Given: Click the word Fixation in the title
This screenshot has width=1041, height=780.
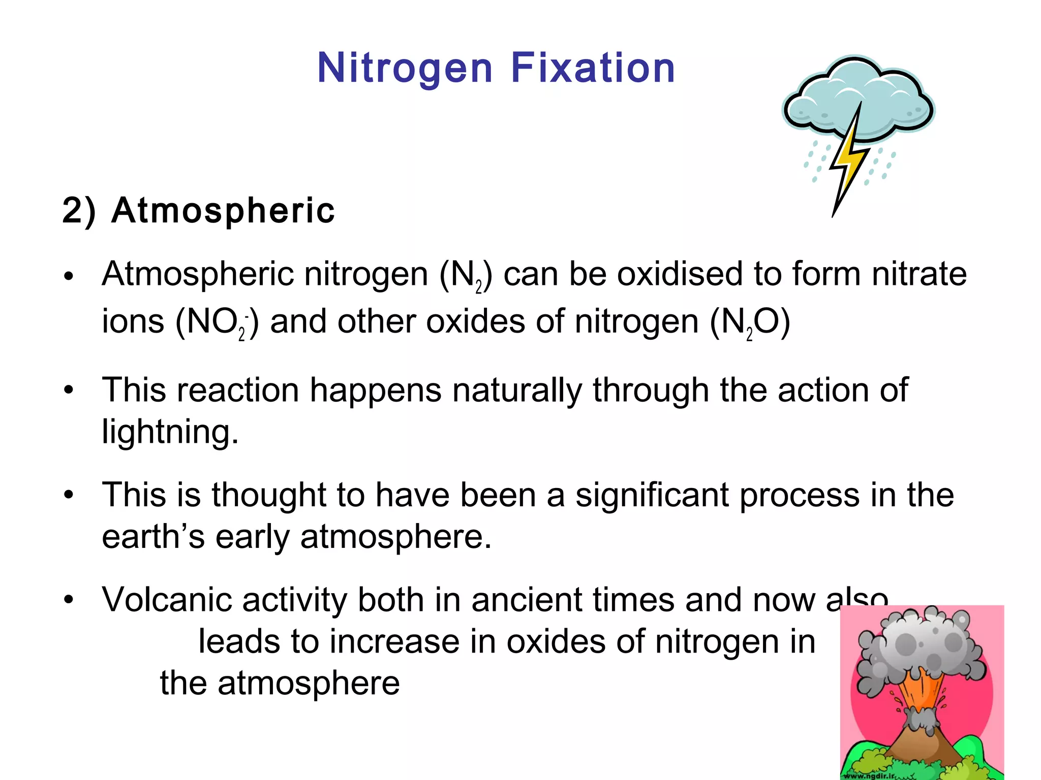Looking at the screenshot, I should (x=593, y=68).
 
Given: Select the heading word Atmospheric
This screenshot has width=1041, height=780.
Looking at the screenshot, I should (x=223, y=210).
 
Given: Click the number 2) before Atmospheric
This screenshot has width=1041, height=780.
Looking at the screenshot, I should (x=79, y=210).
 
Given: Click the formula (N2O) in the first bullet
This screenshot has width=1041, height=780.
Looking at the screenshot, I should (x=750, y=322).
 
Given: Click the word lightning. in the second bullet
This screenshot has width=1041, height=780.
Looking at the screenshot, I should (x=170, y=432).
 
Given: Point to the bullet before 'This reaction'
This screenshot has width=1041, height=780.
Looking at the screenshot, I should (x=69, y=391).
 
